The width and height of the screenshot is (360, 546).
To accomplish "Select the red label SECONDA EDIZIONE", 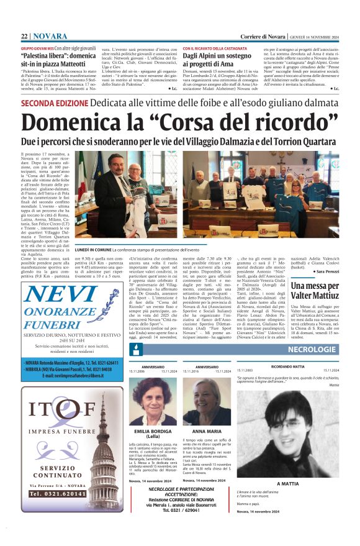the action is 52,102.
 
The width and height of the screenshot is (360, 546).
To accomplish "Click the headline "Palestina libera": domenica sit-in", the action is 59,59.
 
